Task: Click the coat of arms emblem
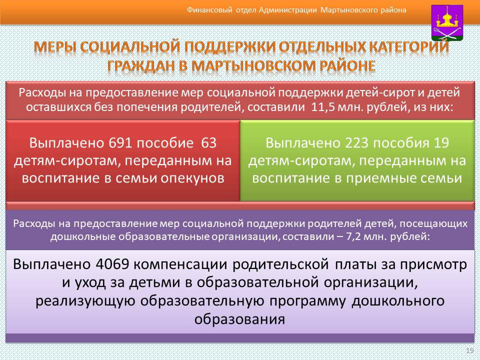447,22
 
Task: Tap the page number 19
469,350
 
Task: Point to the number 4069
112,264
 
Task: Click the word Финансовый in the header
209,10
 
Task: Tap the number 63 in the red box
209,143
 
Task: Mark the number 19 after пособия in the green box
441,143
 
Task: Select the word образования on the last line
239,319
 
